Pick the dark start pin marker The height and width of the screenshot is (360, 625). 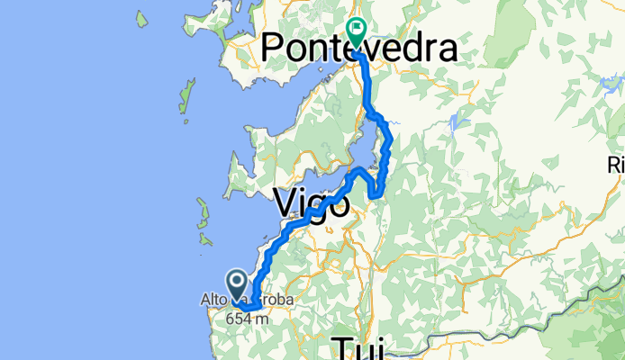(237, 285)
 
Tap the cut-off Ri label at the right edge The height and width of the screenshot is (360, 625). (617, 165)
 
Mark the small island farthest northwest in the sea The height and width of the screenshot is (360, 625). (142, 17)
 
